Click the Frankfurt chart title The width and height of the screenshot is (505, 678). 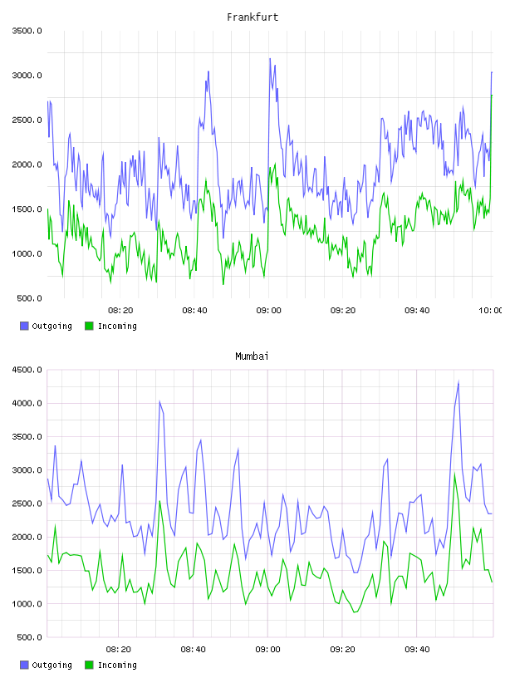click(252, 17)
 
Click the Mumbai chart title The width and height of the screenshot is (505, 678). click(252, 356)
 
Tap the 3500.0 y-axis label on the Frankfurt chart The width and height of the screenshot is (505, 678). click(27, 31)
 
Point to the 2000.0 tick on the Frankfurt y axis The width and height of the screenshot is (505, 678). click(27, 165)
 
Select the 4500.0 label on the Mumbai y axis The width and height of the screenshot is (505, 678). click(27, 370)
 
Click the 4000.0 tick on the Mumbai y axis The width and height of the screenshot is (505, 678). click(27, 403)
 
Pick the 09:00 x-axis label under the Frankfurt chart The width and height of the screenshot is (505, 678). click(268, 310)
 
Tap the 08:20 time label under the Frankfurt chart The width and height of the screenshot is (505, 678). click(120, 310)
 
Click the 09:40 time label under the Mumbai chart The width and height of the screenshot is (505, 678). click(417, 649)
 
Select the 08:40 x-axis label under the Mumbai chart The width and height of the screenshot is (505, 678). click(194, 649)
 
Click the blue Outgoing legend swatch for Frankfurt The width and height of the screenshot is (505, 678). click(24, 326)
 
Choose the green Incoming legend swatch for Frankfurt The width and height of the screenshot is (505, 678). click(89, 326)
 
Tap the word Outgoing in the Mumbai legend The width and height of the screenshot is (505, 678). click(51, 665)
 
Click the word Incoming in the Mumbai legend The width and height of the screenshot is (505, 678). click(117, 665)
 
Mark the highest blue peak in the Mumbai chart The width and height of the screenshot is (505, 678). click(458, 382)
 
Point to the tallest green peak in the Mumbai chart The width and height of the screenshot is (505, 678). click(454, 474)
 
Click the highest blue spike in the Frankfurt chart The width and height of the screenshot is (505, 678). click(270, 59)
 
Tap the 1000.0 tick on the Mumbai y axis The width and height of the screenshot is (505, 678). click(27, 603)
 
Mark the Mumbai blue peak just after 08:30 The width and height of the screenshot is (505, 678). click(159, 401)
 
